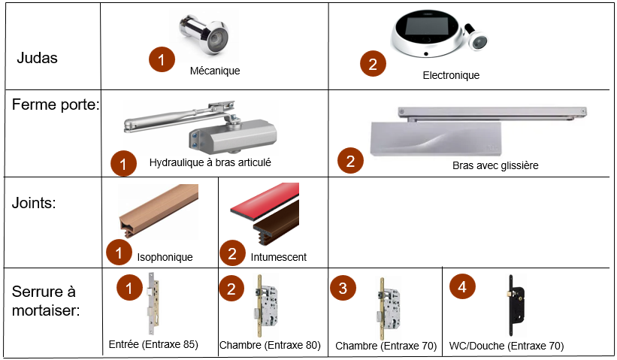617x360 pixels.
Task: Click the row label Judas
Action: point(37,58)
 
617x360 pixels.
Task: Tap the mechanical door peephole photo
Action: point(204,35)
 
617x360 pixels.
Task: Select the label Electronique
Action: point(451,75)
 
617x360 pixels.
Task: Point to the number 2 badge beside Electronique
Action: point(373,64)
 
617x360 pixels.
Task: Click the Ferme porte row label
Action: point(56,104)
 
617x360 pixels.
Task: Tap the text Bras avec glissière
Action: point(495,165)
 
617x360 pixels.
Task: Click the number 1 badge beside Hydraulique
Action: point(123,164)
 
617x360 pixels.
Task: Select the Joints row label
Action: point(34,203)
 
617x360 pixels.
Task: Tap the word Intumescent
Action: point(279,257)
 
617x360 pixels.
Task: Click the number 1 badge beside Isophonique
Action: point(119,253)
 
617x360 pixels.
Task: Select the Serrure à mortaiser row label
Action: point(46,301)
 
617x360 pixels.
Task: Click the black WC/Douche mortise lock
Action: point(516,305)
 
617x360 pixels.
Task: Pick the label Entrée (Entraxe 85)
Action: point(153,344)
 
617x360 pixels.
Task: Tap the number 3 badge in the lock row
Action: point(343,288)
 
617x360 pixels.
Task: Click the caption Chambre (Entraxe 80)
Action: point(270,345)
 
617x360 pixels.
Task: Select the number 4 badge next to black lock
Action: point(462,286)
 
